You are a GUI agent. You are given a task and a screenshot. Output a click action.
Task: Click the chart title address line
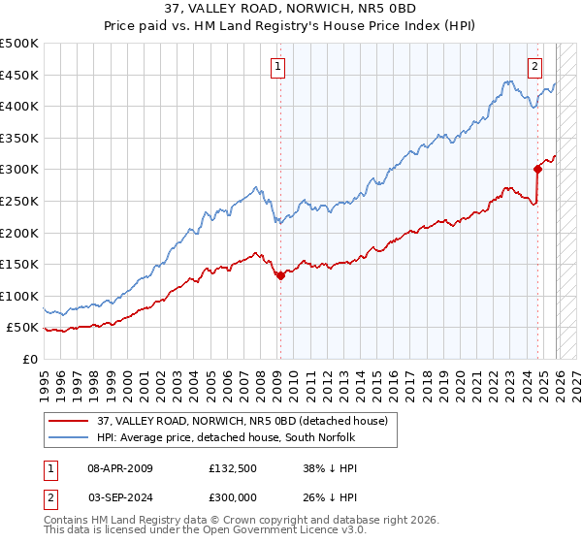click(291, 9)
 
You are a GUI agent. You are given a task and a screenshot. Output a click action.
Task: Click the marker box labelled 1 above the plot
click(278, 67)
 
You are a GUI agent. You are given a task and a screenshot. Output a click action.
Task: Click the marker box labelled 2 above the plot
click(534, 67)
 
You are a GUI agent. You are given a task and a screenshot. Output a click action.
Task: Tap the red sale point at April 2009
click(280, 275)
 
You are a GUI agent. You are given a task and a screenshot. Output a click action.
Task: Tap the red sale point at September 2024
click(537, 169)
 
